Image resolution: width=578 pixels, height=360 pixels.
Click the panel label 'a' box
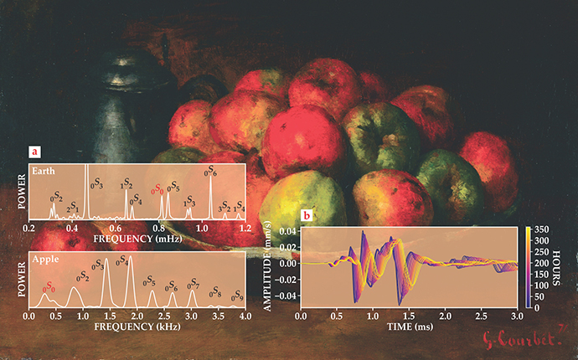[34, 152]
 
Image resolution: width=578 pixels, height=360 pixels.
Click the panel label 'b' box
[307, 215]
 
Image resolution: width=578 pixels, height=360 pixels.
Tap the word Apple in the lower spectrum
[44, 260]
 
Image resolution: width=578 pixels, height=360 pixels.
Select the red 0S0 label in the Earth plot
[157, 190]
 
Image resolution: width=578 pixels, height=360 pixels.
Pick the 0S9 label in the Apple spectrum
[238, 296]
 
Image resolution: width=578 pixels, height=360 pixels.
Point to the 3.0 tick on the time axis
[517, 319]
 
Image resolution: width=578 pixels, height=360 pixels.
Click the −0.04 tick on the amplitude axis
[290, 296]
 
